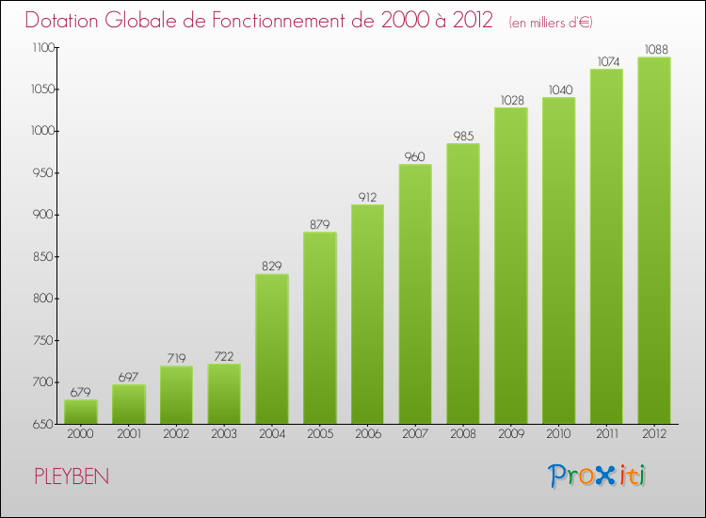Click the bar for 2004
272,348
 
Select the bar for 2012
654,240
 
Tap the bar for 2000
81,412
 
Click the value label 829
272,267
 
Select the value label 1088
654,49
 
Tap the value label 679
81,392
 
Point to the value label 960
415,156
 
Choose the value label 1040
559,89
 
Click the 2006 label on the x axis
367,435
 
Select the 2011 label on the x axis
606,435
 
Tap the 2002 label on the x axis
176,435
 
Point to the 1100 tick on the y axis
42,48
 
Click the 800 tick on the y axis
45,299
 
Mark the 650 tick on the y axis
45,424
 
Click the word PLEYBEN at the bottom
71,477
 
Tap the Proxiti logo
598,476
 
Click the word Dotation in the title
66,21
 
